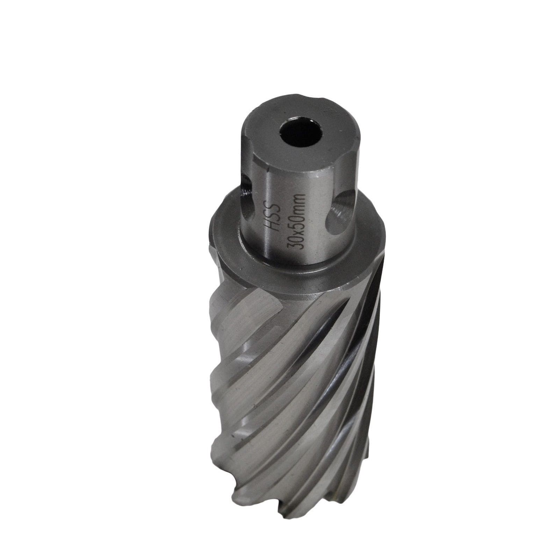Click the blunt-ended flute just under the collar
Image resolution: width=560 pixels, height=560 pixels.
pos(266,301)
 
